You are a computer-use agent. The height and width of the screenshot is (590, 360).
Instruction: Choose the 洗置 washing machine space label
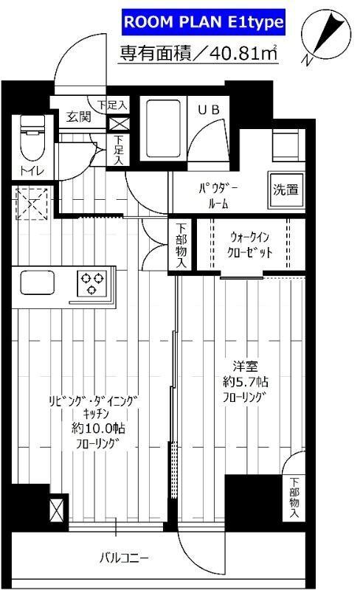pos(286,190)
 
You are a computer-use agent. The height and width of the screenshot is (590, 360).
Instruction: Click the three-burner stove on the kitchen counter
pos(92,282)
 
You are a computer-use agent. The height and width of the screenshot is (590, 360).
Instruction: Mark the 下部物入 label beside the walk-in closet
pos(181,246)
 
